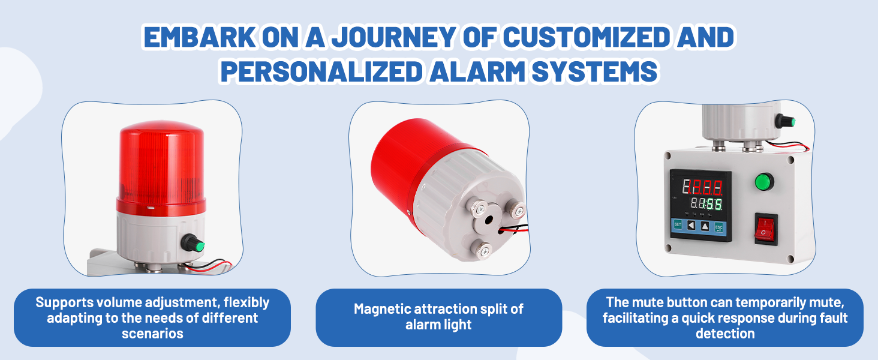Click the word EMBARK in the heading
pyautogui.click(x=200, y=37)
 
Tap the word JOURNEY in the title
pyautogui.click(x=393, y=37)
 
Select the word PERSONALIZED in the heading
pyautogui.click(x=321, y=71)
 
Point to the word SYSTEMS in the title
pyautogui.click(x=594, y=71)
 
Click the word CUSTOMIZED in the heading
pyautogui.click(x=587, y=37)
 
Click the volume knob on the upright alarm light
pyautogui.click(x=193, y=243)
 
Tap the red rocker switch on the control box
pyautogui.click(x=766, y=229)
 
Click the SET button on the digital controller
pyautogui.click(x=678, y=225)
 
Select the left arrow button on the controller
pyautogui.click(x=691, y=226)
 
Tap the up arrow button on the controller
pyautogui.click(x=705, y=226)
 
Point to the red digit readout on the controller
pyautogui.click(x=702, y=187)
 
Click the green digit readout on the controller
pyautogui.click(x=706, y=204)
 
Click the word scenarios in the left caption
pyautogui.click(x=152, y=334)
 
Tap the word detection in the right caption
pyautogui.click(x=725, y=334)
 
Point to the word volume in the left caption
pyautogui.click(x=119, y=302)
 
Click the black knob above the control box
pyautogui.click(x=785, y=121)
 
